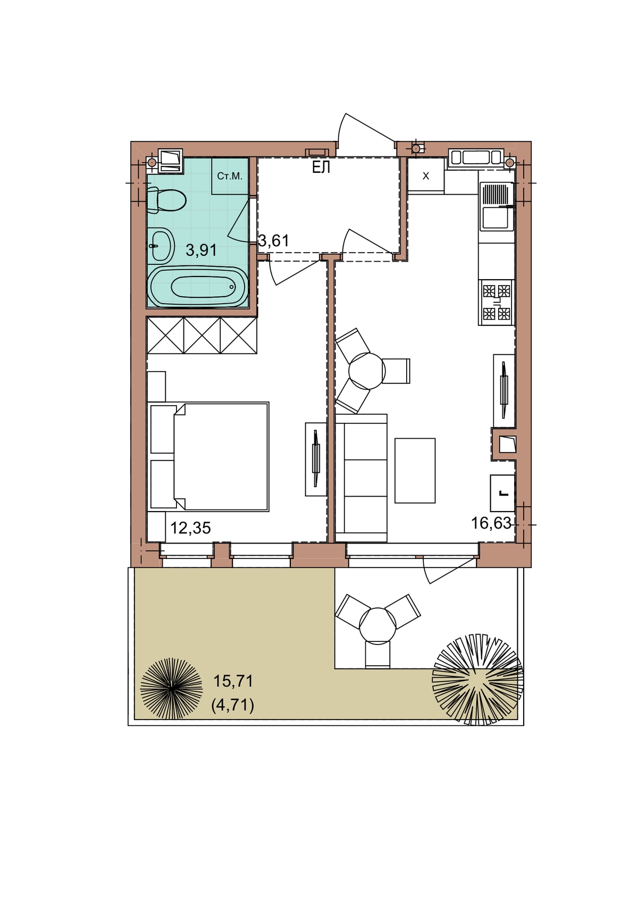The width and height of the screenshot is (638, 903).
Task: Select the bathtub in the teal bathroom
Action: (197, 287)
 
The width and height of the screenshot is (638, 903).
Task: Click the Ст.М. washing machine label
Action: (230, 176)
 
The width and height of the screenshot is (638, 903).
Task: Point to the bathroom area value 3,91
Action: (201, 250)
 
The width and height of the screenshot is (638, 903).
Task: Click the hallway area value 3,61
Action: (274, 241)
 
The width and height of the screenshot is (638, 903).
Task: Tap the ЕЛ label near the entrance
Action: (321, 168)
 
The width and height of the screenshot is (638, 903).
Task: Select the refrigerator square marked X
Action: (426, 176)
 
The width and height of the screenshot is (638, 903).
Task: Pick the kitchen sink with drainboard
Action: (497, 206)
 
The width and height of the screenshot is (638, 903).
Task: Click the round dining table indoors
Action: (367, 371)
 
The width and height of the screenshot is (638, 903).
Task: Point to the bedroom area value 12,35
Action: (191, 528)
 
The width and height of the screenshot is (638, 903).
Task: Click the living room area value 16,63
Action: (491, 523)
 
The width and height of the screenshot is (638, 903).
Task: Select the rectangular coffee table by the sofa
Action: (415, 471)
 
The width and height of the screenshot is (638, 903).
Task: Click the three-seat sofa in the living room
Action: (361, 478)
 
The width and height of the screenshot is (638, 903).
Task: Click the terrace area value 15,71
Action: (233, 681)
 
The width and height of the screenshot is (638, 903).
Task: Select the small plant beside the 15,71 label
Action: (171, 689)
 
